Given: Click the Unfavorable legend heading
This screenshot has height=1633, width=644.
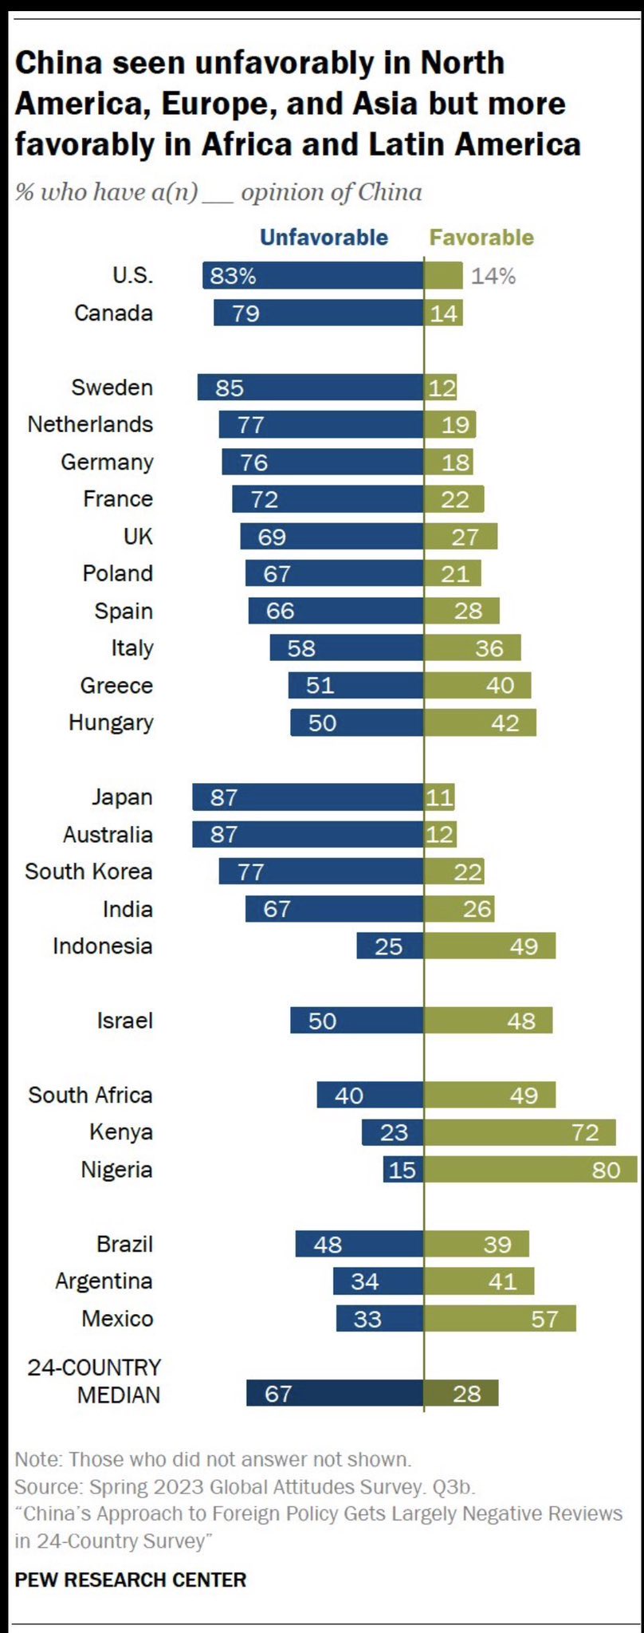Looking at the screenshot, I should [x=324, y=238].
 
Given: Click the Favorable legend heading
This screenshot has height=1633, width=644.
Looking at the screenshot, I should [x=481, y=238].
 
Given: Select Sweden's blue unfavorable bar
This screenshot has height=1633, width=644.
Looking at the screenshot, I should [x=311, y=388].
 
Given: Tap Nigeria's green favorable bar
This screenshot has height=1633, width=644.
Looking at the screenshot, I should [x=530, y=1170].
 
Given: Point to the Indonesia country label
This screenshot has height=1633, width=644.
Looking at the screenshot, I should [x=102, y=946].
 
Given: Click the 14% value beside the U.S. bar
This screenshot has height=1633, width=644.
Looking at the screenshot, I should [x=493, y=276].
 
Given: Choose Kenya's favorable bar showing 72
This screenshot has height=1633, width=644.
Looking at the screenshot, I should [x=520, y=1132].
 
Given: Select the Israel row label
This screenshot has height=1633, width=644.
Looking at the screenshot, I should [x=124, y=1021].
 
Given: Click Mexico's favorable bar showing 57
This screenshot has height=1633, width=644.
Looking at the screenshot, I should [x=500, y=1319].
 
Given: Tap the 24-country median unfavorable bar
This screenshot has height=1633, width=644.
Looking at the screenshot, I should [x=335, y=1393].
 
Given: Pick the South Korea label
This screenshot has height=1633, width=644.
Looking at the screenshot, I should [x=88, y=872].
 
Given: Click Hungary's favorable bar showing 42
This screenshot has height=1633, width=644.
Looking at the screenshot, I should [x=480, y=723].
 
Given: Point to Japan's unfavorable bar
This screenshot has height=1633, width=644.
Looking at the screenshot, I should [x=308, y=797].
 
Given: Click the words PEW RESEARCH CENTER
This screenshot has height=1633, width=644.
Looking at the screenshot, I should [x=131, y=1579].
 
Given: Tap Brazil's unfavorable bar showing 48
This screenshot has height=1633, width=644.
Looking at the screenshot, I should [x=359, y=1244].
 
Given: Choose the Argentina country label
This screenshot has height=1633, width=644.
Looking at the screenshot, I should [x=104, y=1281].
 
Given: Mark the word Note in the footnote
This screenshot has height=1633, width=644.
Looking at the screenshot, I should [x=37, y=1459].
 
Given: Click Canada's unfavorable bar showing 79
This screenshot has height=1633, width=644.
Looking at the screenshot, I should [x=319, y=313].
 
